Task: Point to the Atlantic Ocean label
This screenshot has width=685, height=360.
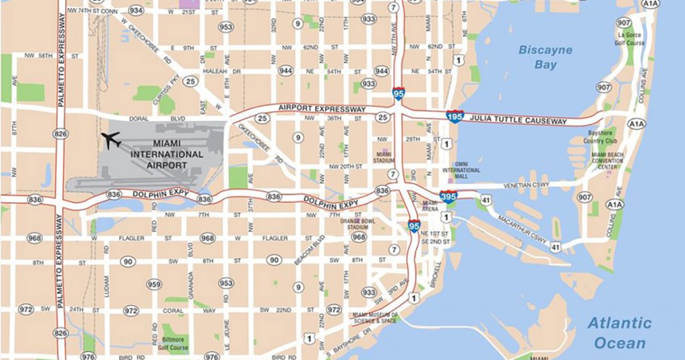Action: pyautogui.click(x=619, y=333)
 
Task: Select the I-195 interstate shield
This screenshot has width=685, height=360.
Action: pyautogui.click(x=455, y=116)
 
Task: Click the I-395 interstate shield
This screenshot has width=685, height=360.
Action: pyautogui.click(x=448, y=197)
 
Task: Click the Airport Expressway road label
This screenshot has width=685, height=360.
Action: pyautogui.click(x=323, y=109)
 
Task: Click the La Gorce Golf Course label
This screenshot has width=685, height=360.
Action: pyautogui.click(x=631, y=39)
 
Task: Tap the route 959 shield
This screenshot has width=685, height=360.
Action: pyautogui.click(x=154, y=284)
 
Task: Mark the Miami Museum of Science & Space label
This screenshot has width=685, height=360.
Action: pyautogui.click(x=375, y=318)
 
